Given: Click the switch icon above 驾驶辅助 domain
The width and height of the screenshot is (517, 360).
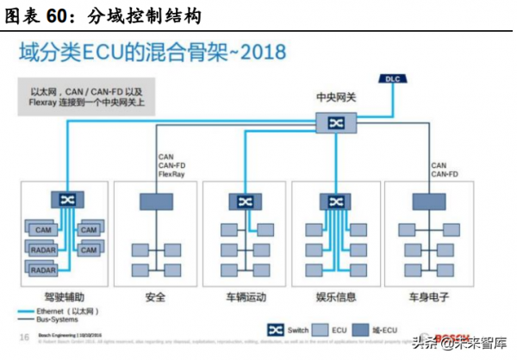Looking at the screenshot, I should [66, 200].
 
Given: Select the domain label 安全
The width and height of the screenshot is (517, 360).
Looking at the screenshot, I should [156, 298].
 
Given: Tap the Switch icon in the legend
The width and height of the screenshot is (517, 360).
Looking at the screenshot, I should [275, 330].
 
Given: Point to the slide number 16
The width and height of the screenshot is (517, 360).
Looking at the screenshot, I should [24, 336].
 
